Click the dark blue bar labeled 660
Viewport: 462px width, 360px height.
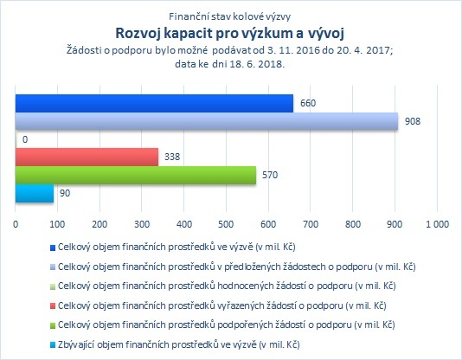pos(154,103)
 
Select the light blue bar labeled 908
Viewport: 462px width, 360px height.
pos(207,121)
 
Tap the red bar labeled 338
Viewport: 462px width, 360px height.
pos(87,157)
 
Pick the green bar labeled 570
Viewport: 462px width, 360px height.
pos(136,176)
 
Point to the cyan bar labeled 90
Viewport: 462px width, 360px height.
pos(35,194)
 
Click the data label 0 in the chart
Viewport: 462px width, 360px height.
pos(25,139)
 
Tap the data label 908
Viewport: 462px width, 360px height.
pos(413,121)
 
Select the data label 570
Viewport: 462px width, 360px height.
pos(270,175)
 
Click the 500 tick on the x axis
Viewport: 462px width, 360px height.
pos(226,224)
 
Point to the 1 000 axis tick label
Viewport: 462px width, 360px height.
pos(437,224)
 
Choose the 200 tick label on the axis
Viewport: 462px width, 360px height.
pos(99,224)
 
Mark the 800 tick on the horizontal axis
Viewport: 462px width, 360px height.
pos(353,224)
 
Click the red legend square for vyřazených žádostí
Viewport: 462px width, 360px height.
pos(53,306)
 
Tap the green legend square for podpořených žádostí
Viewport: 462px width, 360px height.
pos(53,325)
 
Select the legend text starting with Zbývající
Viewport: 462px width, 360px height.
pos(178,344)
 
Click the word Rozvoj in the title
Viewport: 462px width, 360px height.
pos(138,33)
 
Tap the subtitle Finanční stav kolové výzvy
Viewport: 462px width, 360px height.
pos(230,16)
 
